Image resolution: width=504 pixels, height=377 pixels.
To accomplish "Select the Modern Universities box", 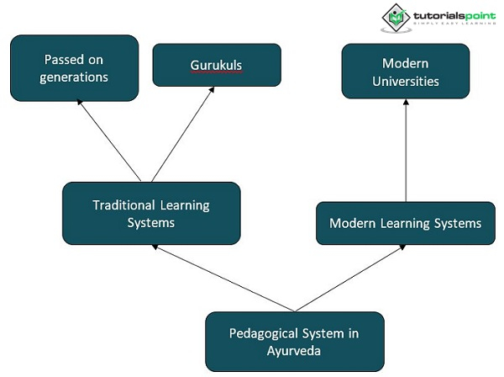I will [x=406, y=72].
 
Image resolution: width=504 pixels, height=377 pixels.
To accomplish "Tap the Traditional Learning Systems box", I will [x=151, y=214].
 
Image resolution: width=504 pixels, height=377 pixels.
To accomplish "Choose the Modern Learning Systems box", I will [x=405, y=223].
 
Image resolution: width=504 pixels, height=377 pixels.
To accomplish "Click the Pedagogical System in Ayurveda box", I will [x=294, y=341].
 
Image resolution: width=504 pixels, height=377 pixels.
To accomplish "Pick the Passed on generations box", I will [x=74, y=68].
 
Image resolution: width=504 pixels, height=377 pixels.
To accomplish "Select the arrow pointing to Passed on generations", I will [x=113, y=141].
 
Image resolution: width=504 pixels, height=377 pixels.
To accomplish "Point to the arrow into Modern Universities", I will [x=406, y=151].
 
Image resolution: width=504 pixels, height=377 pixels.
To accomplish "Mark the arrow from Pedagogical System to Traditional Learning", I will [x=223, y=278].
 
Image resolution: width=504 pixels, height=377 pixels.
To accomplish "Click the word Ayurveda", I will [x=294, y=350].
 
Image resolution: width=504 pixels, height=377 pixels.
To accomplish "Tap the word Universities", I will [x=406, y=82].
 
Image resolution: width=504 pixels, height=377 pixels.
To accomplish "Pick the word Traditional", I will [x=124, y=205].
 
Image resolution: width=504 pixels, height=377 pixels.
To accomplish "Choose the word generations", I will [x=74, y=77].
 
